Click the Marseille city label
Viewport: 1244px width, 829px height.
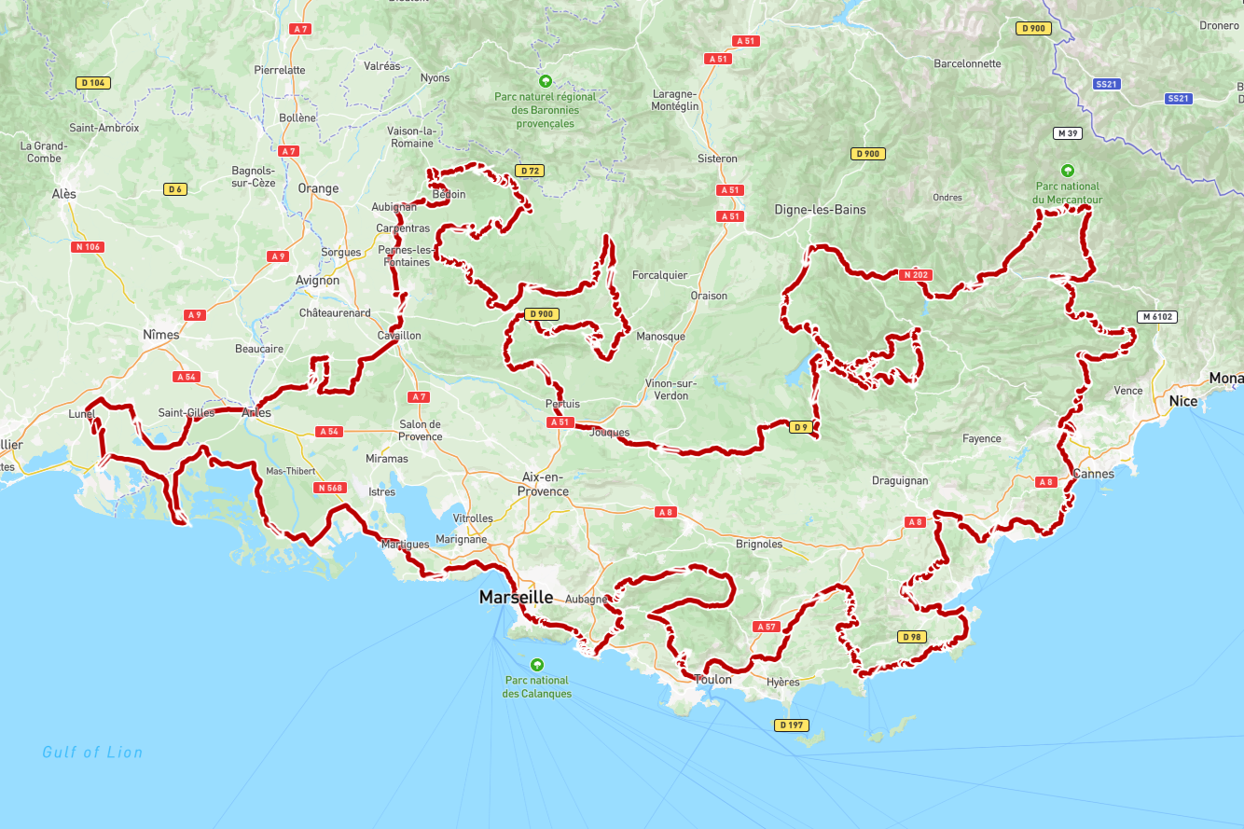click(x=516, y=598)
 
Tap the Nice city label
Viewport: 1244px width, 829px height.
click(x=1182, y=401)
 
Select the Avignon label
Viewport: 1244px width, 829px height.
click(x=318, y=280)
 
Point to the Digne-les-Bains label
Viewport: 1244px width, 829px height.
click(x=820, y=210)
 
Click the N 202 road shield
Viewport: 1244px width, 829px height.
click(x=915, y=275)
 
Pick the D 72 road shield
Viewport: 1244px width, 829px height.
click(x=529, y=171)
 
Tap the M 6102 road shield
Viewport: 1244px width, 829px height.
click(x=1157, y=317)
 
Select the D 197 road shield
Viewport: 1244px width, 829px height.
click(x=790, y=725)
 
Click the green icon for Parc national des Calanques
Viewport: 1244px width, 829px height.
click(x=536, y=665)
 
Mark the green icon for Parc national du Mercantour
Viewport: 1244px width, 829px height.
click(x=1068, y=171)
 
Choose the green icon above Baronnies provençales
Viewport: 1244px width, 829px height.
click(x=546, y=81)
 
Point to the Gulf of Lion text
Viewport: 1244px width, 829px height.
click(x=92, y=752)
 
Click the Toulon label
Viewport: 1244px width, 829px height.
click(x=713, y=680)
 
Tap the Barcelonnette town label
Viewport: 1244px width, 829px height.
click(x=967, y=64)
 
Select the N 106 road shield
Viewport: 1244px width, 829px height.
click(x=88, y=247)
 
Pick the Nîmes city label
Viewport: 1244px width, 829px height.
click(x=161, y=335)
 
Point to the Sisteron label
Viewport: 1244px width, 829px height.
click(x=717, y=159)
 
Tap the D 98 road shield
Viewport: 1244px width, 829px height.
click(x=912, y=637)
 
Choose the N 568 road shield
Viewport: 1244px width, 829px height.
click(x=330, y=488)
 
